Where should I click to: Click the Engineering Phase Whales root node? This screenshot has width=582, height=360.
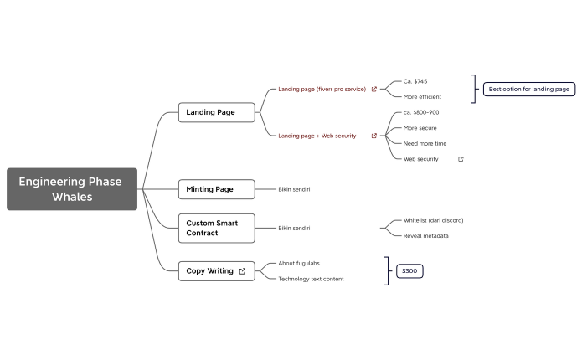point(71,189)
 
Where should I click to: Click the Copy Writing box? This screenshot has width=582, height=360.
point(209,271)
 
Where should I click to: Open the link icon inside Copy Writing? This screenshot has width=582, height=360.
point(242,271)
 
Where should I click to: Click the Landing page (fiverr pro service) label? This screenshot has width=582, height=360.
point(322,89)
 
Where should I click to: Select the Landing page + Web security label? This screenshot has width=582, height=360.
point(317,136)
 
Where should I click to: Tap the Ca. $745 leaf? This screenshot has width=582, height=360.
point(415,81)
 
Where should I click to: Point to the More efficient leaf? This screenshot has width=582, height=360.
point(422,96)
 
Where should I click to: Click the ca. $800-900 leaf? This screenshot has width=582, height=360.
point(421,112)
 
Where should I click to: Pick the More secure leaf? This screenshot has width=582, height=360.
point(420,128)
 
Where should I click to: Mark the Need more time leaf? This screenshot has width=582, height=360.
point(425,143)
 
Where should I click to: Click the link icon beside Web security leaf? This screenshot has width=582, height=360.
point(461,158)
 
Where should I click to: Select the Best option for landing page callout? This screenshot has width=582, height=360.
point(528,89)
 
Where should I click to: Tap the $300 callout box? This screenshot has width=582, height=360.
point(409,271)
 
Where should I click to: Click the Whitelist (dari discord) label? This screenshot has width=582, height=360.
point(433,220)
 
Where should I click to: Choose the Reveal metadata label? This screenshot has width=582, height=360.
point(425,235)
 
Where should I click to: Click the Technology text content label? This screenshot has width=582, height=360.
point(311,279)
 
